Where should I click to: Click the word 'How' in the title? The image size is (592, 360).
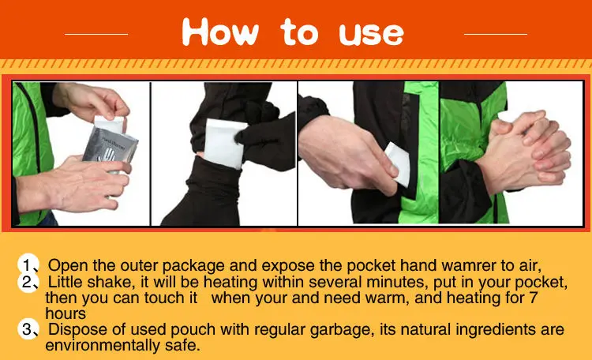(220, 32)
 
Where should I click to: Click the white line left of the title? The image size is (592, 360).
(96, 34)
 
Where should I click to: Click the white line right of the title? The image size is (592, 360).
(496, 34)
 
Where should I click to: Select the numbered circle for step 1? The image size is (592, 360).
(28, 264)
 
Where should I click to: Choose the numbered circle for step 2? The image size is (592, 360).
(28, 282)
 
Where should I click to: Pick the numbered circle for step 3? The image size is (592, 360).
(28, 329)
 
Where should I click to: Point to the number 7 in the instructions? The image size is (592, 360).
(533, 298)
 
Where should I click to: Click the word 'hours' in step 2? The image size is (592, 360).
(66, 313)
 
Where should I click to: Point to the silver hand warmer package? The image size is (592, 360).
(110, 148)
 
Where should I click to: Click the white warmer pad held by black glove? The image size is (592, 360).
(223, 144)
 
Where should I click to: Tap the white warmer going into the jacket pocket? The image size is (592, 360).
(399, 164)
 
